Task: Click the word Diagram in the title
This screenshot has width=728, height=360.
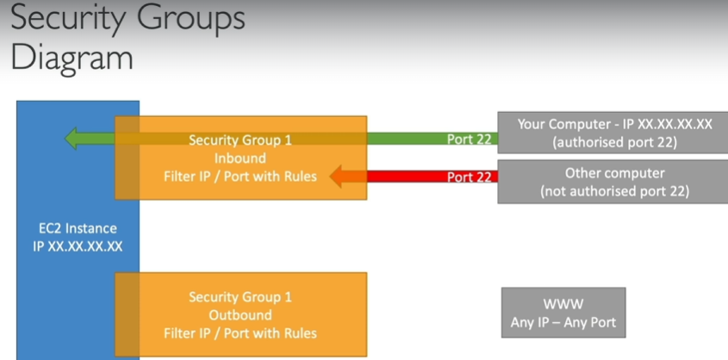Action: click(x=72, y=58)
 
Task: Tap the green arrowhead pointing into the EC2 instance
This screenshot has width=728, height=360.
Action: click(x=73, y=138)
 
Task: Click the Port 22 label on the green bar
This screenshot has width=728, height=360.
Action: click(x=469, y=139)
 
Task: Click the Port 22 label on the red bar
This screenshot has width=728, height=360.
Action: click(x=469, y=177)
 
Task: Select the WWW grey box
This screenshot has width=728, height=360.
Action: click(x=563, y=313)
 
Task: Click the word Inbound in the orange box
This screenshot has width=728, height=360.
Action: click(x=240, y=158)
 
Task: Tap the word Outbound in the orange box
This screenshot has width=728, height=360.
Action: click(x=240, y=314)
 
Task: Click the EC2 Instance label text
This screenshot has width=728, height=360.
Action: click(x=78, y=228)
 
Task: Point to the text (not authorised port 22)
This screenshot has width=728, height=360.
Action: click(x=614, y=191)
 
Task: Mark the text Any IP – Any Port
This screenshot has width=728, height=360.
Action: click(x=563, y=324)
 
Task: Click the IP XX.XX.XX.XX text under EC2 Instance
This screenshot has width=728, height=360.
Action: click(x=78, y=245)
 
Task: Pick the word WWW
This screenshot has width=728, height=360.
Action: click(x=563, y=304)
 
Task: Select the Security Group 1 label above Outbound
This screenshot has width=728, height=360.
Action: click(x=240, y=297)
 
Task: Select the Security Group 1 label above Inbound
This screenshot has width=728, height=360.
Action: click(x=240, y=140)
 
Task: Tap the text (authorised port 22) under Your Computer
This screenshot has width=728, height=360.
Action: click(x=614, y=142)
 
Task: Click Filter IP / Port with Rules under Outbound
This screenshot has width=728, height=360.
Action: click(x=240, y=332)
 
